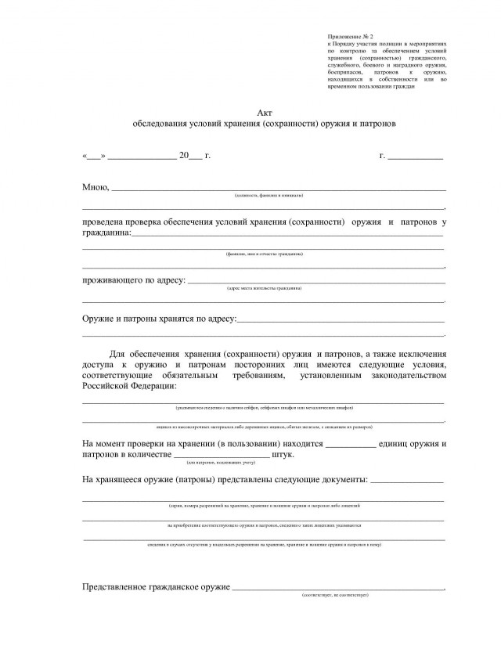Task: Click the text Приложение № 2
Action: pyautogui.click(x=351, y=37)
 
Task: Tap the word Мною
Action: pyautogui.click(x=95, y=188)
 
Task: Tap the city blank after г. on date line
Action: pyautogui.click(x=416, y=157)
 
